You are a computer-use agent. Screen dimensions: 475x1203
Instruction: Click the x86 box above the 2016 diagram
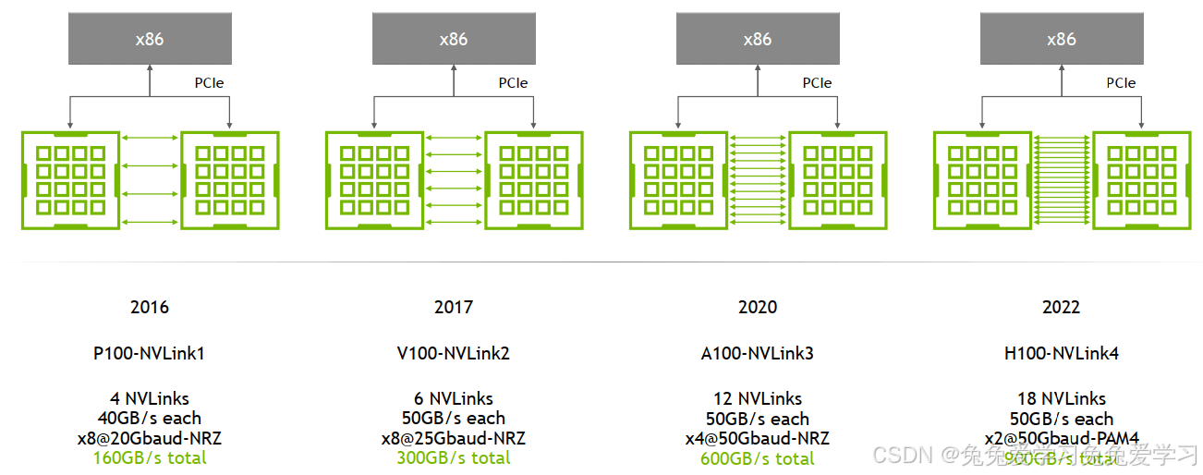(x=150, y=39)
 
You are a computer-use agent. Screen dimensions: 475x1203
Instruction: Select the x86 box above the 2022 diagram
(x=1061, y=39)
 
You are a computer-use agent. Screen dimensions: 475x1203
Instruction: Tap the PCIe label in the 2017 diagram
(x=513, y=83)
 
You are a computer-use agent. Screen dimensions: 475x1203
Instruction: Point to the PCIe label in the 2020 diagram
(x=817, y=83)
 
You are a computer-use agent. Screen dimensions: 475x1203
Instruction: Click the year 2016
(x=150, y=308)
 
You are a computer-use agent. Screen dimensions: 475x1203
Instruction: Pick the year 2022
(x=1061, y=308)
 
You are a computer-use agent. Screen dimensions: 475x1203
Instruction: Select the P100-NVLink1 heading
(x=150, y=354)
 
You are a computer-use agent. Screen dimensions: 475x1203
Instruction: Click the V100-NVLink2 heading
(x=453, y=354)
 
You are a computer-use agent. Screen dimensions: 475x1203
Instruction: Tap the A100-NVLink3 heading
(x=757, y=354)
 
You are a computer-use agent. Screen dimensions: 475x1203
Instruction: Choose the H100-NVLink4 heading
(x=1061, y=354)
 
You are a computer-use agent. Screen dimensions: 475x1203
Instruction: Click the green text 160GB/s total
(x=150, y=458)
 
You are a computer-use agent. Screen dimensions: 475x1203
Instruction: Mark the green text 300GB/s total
(x=453, y=458)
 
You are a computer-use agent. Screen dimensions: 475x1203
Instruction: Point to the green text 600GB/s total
(x=757, y=458)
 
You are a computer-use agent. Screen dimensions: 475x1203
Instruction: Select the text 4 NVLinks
(x=150, y=399)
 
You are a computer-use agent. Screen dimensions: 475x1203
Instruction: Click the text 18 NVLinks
(x=1061, y=399)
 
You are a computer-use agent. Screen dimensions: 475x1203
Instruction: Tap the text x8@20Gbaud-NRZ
(x=150, y=438)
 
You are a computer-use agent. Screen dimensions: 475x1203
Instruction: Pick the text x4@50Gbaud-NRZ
(x=757, y=438)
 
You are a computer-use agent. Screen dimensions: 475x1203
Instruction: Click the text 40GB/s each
(x=150, y=419)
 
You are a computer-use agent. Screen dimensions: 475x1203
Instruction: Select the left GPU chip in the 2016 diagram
(x=70, y=180)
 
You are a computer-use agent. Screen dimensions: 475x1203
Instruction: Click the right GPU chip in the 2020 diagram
(x=838, y=180)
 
